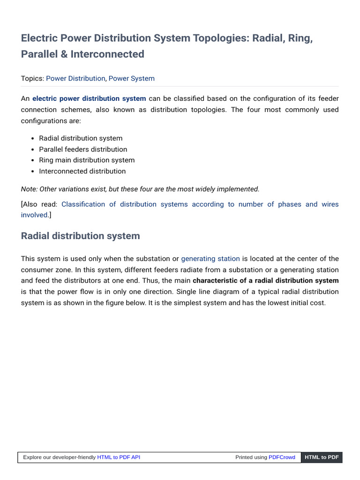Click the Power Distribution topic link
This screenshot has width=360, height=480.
[x=75, y=78]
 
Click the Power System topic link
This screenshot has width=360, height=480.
[x=131, y=78]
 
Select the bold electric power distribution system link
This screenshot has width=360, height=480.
[x=89, y=98]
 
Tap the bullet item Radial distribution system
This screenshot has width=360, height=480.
[x=81, y=138]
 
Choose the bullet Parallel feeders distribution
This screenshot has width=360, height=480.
[x=83, y=149]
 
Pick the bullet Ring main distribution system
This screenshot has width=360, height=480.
[x=87, y=160]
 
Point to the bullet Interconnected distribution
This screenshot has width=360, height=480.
[x=82, y=171]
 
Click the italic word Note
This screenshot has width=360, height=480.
[x=29, y=189]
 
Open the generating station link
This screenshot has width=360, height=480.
[x=210, y=259]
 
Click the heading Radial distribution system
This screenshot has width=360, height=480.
[x=80, y=236]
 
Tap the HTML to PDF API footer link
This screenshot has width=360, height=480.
[x=119, y=457]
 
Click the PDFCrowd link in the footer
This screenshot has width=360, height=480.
[x=282, y=457]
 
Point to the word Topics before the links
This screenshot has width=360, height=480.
[x=32, y=78]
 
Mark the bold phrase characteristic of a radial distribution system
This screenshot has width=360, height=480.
[x=265, y=280]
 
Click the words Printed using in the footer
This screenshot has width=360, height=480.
[x=251, y=457]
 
